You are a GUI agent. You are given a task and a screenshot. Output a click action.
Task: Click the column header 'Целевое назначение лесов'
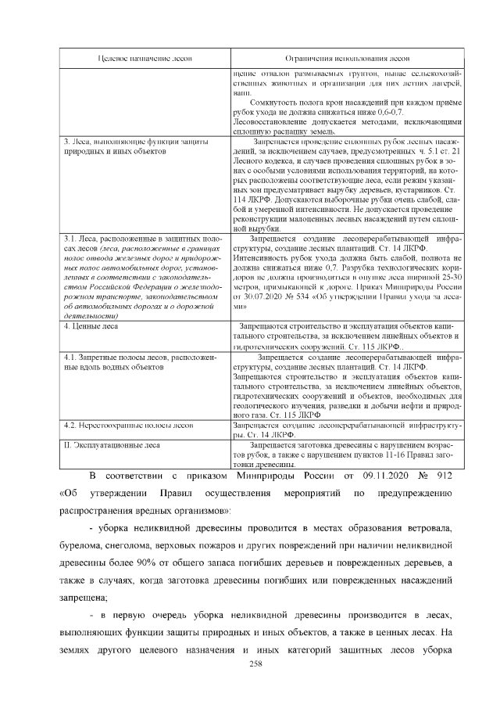point(145,58)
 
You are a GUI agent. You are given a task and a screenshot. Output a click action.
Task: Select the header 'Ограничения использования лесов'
point(347,58)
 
